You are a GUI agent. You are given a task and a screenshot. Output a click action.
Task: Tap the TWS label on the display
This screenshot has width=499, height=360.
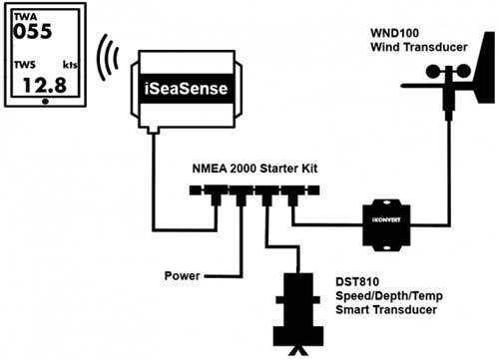tap(24, 62)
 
